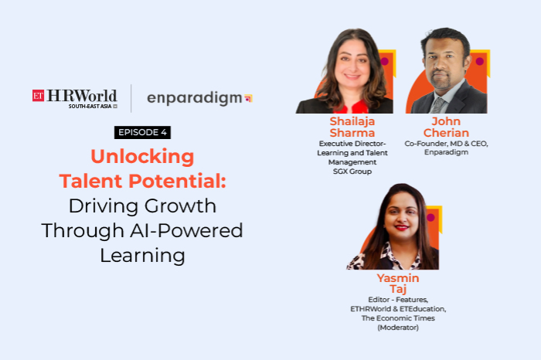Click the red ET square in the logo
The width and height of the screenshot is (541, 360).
point(38,96)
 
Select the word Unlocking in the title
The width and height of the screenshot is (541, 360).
point(142,157)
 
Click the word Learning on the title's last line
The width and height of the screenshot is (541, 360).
point(142,255)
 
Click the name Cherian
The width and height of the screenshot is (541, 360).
point(445,133)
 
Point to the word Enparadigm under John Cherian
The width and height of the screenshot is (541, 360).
point(445,152)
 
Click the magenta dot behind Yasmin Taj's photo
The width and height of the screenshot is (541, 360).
point(430,217)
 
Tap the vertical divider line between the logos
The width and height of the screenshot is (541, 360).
point(131,98)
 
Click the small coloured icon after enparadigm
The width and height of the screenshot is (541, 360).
point(248,98)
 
